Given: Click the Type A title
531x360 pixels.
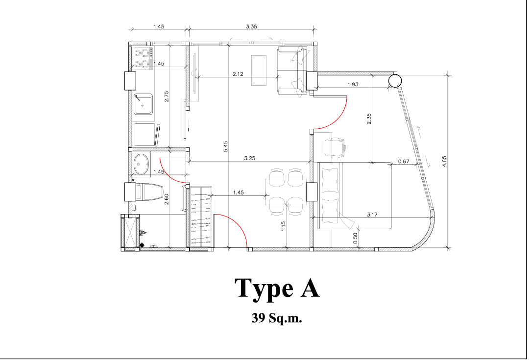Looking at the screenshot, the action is [x=277, y=288].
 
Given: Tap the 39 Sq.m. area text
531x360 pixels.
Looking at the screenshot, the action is [x=276, y=318].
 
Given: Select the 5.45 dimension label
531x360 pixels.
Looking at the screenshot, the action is [x=225, y=146].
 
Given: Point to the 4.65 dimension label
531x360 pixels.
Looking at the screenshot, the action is [x=444, y=161].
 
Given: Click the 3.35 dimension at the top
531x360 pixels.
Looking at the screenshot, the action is [x=251, y=26].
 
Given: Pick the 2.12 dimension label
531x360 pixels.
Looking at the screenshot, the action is [x=238, y=74].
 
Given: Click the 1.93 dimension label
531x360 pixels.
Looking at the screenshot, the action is [x=353, y=84].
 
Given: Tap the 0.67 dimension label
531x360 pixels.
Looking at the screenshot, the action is [x=404, y=161].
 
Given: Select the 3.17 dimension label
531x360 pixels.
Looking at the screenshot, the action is [x=372, y=215].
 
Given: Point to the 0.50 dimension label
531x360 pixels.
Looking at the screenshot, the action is [x=355, y=238].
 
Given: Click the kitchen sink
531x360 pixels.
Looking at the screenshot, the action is [x=143, y=104].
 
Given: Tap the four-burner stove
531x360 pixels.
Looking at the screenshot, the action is [x=143, y=59].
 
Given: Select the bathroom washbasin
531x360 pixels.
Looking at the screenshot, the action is [x=142, y=165].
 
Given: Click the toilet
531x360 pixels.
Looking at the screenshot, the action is [x=149, y=192].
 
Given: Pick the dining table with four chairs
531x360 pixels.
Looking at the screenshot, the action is [x=286, y=192].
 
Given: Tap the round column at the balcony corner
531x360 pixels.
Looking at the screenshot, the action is [x=395, y=81].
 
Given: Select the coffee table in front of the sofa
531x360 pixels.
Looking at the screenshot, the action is [x=259, y=71].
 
